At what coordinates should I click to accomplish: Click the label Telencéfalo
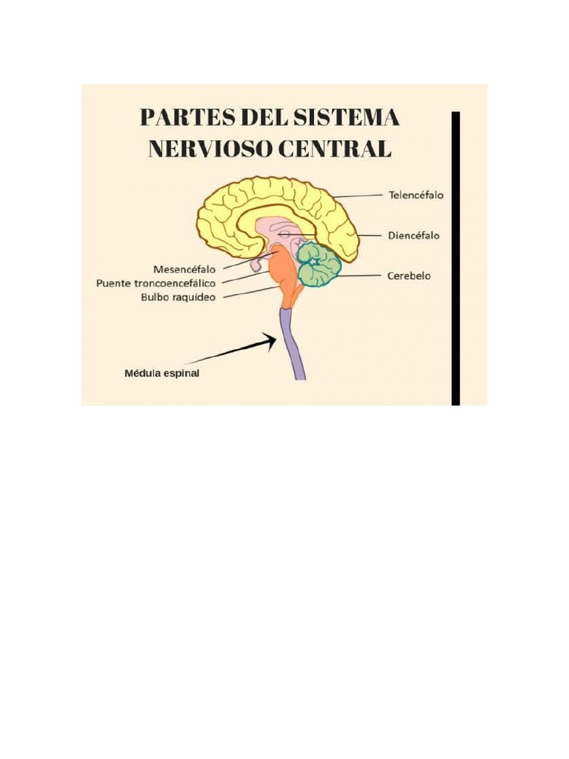416,196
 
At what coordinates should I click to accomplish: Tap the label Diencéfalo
413,236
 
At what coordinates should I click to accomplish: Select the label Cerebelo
409,276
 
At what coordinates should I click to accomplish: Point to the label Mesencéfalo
184,268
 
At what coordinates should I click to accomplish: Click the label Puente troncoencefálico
156,283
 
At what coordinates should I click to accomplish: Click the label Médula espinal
162,374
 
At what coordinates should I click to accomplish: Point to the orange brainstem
284,274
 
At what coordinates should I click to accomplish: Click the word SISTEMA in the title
348,119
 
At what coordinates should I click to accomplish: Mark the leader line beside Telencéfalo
359,196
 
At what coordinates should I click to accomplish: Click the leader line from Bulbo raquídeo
248,294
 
